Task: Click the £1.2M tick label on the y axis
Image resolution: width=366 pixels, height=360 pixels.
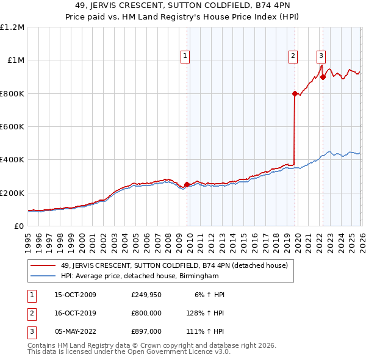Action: coord(12,27)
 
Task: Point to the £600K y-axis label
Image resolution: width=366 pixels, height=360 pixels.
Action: coord(12,127)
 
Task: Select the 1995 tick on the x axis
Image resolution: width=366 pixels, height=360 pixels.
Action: coord(28,238)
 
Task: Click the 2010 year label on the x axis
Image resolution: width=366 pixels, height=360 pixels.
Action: coord(189,238)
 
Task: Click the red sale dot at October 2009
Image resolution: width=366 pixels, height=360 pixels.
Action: coord(187,184)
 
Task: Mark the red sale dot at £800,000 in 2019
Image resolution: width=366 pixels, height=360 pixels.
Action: coord(295,93)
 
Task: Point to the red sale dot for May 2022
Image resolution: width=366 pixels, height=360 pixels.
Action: coord(322,77)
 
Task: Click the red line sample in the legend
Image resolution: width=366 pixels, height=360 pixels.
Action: coord(43,265)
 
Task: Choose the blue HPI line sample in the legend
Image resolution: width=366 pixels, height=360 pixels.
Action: coord(43,276)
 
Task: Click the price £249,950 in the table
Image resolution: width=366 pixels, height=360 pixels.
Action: coord(147,295)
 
